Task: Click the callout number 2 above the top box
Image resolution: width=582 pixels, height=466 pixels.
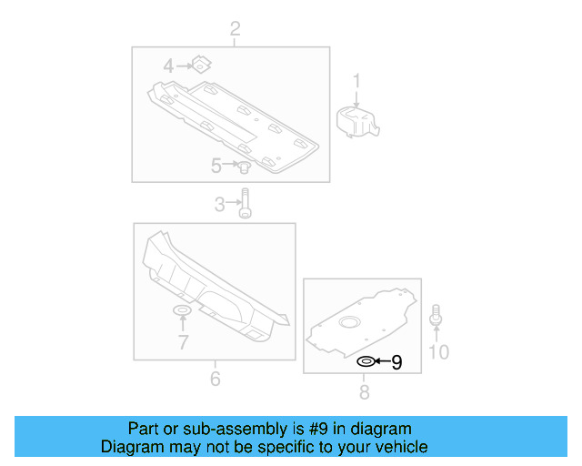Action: pyautogui.click(x=235, y=31)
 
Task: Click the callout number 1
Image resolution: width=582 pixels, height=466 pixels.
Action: pyautogui.click(x=357, y=80)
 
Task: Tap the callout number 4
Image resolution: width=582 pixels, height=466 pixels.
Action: pyautogui.click(x=168, y=66)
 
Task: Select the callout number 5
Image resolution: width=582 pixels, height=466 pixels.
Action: pyautogui.click(x=216, y=166)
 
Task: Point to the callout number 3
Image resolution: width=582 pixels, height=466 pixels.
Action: pyautogui.click(x=219, y=205)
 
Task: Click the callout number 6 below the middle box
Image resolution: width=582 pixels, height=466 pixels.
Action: pyautogui.click(x=215, y=378)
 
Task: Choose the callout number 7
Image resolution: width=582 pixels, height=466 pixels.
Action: pyautogui.click(x=183, y=342)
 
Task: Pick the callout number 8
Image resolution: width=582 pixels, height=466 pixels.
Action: pyautogui.click(x=364, y=392)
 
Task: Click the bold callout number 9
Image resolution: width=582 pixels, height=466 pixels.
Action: pyautogui.click(x=396, y=362)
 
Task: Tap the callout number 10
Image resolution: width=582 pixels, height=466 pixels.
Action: pyautogui.click(x=438, y=351)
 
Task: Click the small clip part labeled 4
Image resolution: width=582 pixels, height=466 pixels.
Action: pyautogui.click(x=202, y=64)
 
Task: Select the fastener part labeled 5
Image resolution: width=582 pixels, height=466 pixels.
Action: pyautogui.click(x=244, y=167)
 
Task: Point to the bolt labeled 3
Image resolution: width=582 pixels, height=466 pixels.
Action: pyautogui.click(x=245, y=204)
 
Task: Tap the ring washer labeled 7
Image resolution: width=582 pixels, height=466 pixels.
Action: pyautogui.click(x=182, y=313)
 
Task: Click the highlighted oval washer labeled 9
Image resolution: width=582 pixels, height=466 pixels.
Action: pyautogui.click(x=364, y=361)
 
